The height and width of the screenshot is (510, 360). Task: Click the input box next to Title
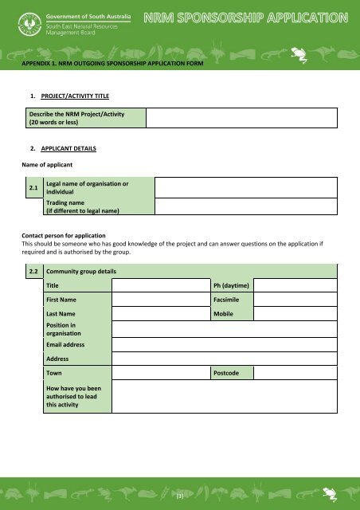pos(159,284)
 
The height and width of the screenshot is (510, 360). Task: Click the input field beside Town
pos(159,373)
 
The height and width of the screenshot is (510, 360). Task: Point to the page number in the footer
pos(181,496)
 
